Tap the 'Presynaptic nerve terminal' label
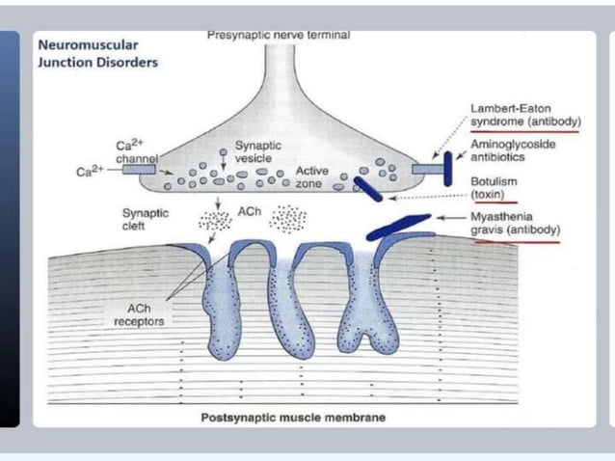click(279, 35)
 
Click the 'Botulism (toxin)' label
click(495, 187)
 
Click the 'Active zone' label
click(312, 176)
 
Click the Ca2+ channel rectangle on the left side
click(139, 170)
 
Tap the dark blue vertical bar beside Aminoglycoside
click(447, 168)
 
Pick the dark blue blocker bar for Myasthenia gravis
click(399, 227)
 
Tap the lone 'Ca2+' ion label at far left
click(90, 173)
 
